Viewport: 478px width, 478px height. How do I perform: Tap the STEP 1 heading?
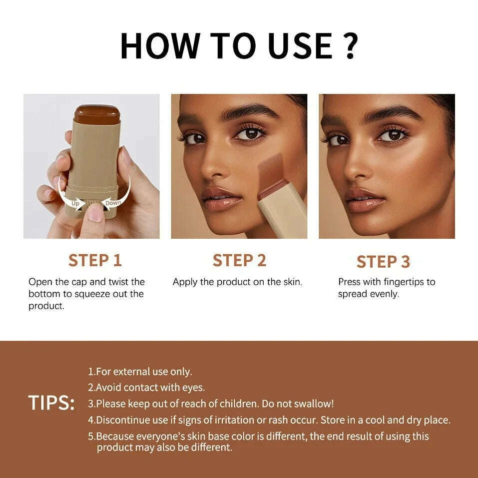click(95, 260)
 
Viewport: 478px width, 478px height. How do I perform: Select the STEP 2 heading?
click(239, 260)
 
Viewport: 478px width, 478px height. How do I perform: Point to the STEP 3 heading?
click(383, 261)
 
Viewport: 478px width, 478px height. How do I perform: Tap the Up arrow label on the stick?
click(75, 204)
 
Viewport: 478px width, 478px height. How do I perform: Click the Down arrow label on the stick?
click(113, 203)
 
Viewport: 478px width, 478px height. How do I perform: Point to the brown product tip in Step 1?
click(97, 113)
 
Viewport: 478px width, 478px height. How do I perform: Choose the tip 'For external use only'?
click(140, 372)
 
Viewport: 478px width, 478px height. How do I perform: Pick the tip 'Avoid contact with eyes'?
click(146, 387)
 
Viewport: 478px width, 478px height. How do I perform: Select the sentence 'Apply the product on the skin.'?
click(237, 282)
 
